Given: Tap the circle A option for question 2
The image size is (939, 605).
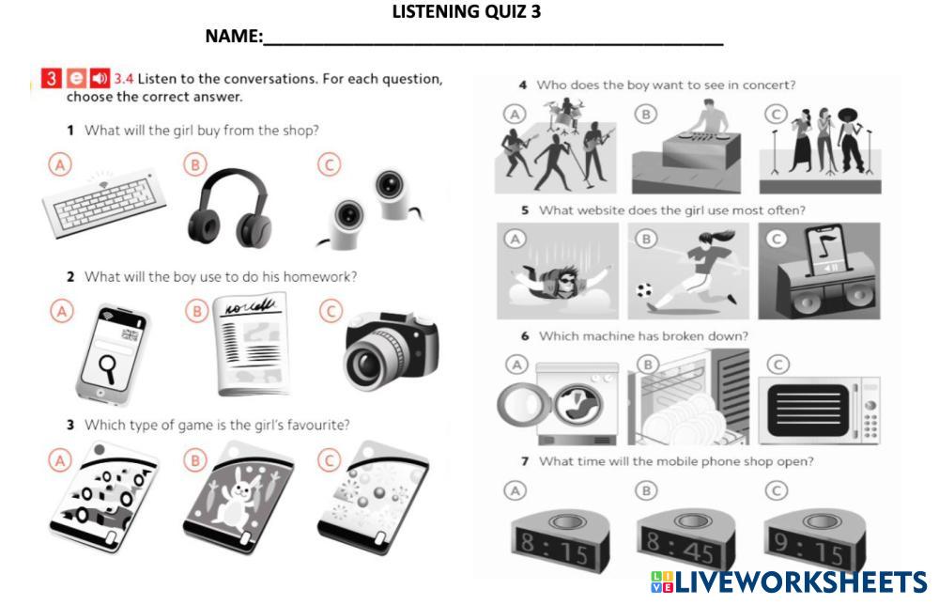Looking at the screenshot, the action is click(x=62, y=312).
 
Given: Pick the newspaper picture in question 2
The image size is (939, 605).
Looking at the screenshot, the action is click(x=252, y=344).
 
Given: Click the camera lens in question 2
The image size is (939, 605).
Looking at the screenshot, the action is click(x=366, y=361).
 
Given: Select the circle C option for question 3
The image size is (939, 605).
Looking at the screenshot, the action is click(x=329, y=460).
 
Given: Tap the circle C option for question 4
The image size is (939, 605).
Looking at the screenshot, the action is click(x=777, y=114).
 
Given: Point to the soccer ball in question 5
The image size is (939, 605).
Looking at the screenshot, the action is click(x=644, y=290).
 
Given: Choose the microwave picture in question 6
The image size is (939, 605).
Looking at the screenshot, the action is click(x=819, y=411).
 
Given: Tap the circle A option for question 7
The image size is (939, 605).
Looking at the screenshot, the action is click(x=515, y=491).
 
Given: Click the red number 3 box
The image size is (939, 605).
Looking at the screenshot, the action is click(x=52, y=78).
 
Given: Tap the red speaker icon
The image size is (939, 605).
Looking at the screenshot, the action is click(x=100, y=78).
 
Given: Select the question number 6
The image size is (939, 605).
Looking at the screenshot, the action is click(x=525, y=336).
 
